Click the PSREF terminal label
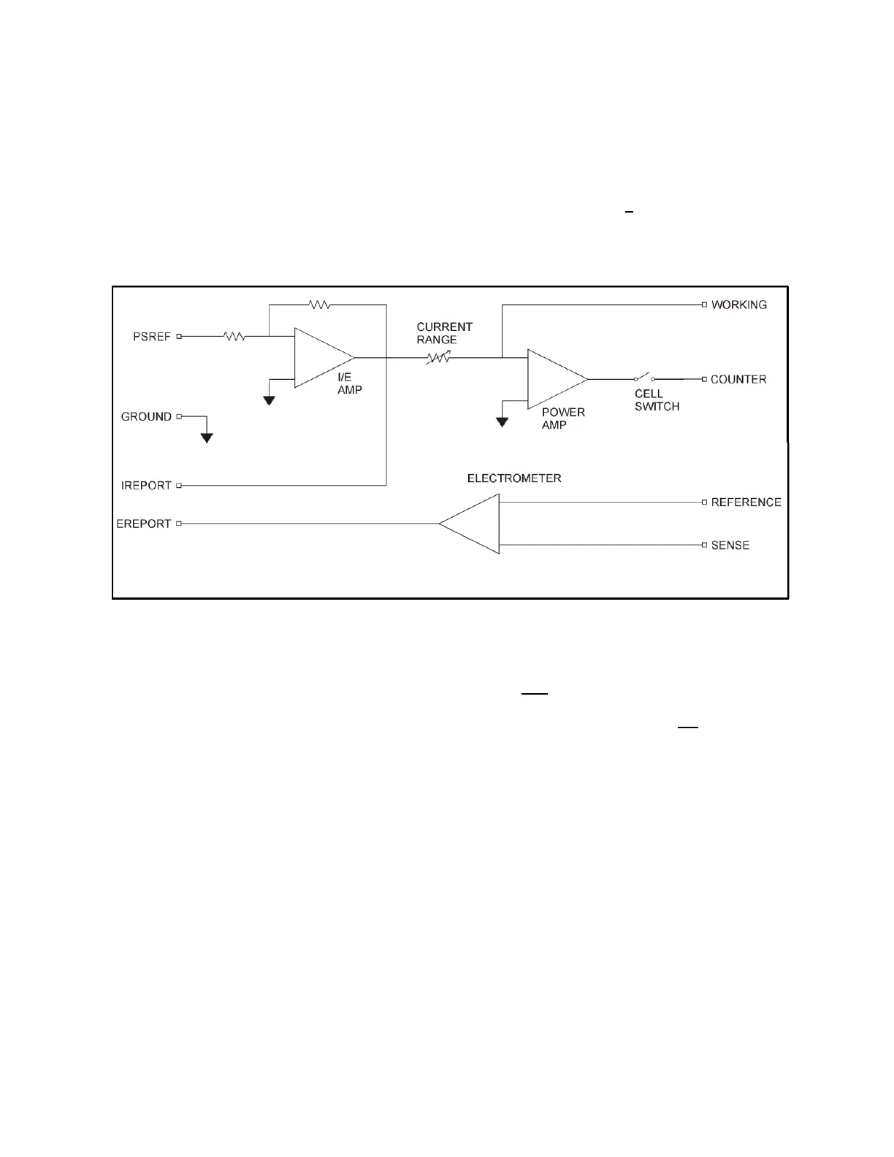pos(151,337)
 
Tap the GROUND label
pos(146,416)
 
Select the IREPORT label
pos(146,485)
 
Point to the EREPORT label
pos(143,524)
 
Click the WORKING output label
pos(738,305)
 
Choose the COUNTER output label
pos(738,379)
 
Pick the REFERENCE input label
pos(746,502)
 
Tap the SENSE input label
pos(730,546)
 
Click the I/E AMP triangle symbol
pos(319,358)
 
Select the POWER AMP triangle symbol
pos(553,379)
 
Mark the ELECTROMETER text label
pos(514,478)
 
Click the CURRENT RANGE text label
pos(444,333)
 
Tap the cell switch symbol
pos(643,378)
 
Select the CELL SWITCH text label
pos(657,400)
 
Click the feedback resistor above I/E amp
pos(320,305)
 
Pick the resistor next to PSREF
pos(234,337)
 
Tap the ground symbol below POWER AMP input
pos(502,421)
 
